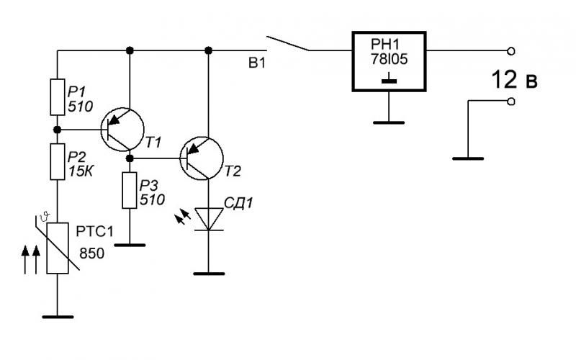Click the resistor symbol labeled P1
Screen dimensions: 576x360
(58, 97)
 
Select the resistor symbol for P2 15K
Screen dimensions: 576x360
(58, 161)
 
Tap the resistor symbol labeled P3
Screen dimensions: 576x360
(130, 190)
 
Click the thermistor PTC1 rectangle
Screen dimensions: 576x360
(58, 248)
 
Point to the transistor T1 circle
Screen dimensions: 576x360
(122, 130)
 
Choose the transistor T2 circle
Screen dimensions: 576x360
(202, 158)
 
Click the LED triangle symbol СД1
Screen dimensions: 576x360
(209, 220)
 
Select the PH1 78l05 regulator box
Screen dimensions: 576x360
(389, 61)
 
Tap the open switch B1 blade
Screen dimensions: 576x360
(287, 43)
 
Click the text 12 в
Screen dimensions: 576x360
(514, 80)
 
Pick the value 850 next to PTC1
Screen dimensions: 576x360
(92, 253)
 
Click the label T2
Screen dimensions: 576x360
(233, 171)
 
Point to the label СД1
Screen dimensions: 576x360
(239, 203)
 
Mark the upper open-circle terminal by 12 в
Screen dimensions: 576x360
(511, 51)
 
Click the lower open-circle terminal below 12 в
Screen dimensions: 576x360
(511, 102)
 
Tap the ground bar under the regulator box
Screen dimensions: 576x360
(389, 122)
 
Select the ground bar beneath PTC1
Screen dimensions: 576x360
(58, 317)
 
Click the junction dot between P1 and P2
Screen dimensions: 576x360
(58, 130)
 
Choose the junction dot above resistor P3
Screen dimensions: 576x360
(130, 158)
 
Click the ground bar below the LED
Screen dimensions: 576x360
(209, 274)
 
